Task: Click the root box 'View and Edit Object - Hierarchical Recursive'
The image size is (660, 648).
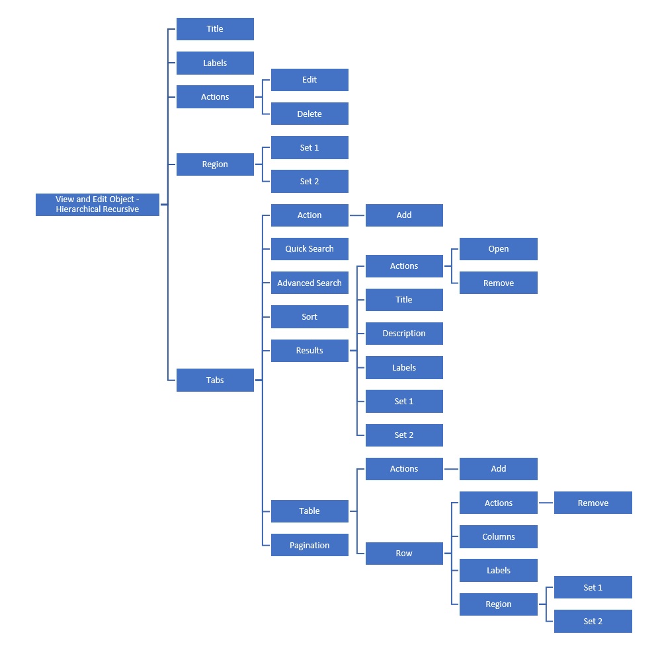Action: tap(97, 204)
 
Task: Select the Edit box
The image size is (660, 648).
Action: tap(309, 80)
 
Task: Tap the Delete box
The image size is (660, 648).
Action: tap(309, 114)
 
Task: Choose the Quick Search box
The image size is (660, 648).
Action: tap(309, 249)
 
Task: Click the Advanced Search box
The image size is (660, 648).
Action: tap(309, 283)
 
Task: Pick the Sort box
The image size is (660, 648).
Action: tap(309, 317)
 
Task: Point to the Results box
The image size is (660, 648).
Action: tap(309, 351)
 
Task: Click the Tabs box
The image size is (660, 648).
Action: tap(215, 380)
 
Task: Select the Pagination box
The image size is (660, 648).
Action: tap(309, 545)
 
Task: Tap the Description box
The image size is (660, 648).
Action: tap(404, 334)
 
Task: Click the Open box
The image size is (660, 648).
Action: tap(499, 249)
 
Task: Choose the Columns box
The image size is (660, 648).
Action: tap(499, 537)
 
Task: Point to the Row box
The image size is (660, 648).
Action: tap(404, 554)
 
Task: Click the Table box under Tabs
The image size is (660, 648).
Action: tap(309, 511)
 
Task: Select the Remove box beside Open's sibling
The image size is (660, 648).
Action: tap(499, 283)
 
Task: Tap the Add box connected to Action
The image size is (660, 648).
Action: tap(404, 215)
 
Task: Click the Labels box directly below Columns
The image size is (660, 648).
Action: tap(499, 571)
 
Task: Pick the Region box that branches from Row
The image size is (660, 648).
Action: tap(499, 604)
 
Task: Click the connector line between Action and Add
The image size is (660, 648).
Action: tap(357, 215)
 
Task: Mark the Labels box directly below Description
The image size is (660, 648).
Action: tap(404, 368)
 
